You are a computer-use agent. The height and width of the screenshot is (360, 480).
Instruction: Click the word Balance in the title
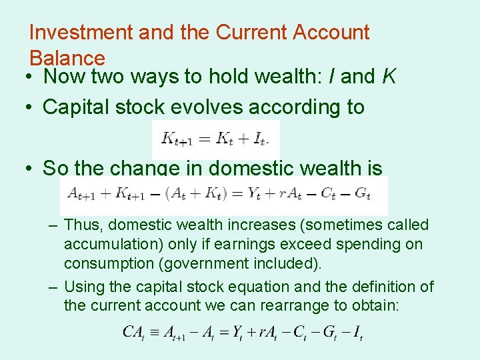coord(67,58)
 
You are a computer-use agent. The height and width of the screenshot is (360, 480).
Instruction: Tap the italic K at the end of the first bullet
coord(389,77)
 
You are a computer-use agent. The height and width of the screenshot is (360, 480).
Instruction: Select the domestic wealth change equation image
coord(223,195)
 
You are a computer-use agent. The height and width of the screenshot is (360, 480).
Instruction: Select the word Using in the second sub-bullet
coord(86,287)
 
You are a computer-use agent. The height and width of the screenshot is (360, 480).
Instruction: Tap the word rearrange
coord(305,306)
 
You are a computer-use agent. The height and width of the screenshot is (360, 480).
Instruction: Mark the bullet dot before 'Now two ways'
coord(31,77)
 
